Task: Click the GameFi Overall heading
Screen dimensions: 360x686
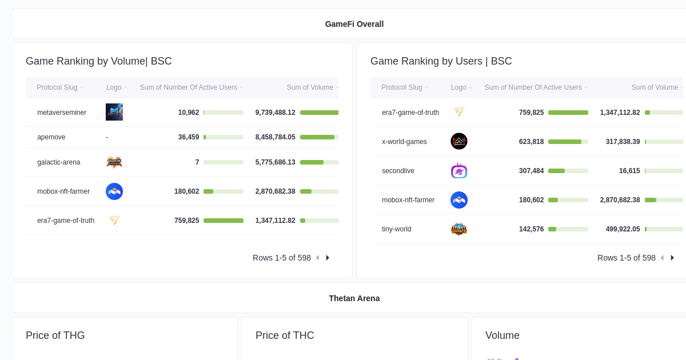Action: coord(354,24)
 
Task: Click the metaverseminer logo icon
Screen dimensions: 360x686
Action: coord(114,112)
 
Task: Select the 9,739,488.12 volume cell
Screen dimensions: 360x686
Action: coord(275,113)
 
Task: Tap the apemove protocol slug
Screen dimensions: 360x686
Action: coord(51,137)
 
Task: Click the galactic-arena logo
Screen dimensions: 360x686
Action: coord(114,162)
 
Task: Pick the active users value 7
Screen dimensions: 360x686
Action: coord(197,162)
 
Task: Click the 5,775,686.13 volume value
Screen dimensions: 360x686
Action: coord(275,162)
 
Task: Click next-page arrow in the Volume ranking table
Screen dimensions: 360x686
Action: coord(328,258)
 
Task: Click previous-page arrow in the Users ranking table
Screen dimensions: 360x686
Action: coord(662,258)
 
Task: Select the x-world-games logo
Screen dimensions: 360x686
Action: coord(459,141)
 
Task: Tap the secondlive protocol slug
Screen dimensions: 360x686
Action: coord(398,171)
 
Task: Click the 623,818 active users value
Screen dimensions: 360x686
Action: coord(531,142)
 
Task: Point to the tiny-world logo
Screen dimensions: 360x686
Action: coord(459,229)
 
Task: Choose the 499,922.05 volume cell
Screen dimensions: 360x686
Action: coord(623,229)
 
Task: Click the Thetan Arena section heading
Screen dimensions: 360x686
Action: coord(354,298)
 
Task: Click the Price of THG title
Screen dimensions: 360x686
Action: coord(55,335)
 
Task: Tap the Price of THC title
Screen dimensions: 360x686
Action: coord(285,335)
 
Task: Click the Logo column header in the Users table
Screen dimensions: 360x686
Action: coord(458,87)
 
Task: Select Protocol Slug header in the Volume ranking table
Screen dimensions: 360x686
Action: coord(57,87)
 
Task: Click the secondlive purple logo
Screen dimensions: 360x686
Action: coord(459,171)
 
